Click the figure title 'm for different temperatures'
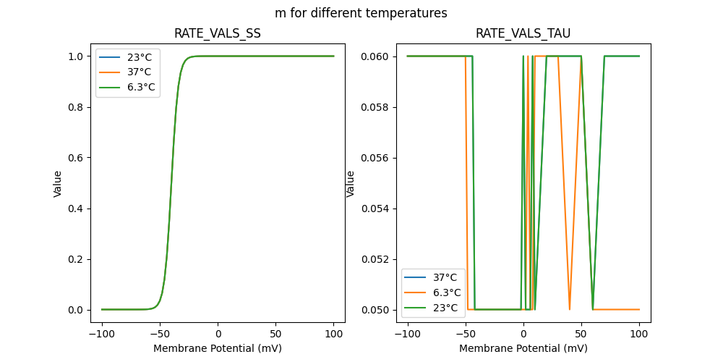[x=361, y=13]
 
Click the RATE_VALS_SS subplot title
[x=218, y=34]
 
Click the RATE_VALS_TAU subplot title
[x=523, y=34]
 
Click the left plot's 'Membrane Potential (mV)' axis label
[x=218, y=348]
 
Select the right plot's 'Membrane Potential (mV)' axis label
[x=523, y=348]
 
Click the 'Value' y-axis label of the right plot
[x=351, y=183]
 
